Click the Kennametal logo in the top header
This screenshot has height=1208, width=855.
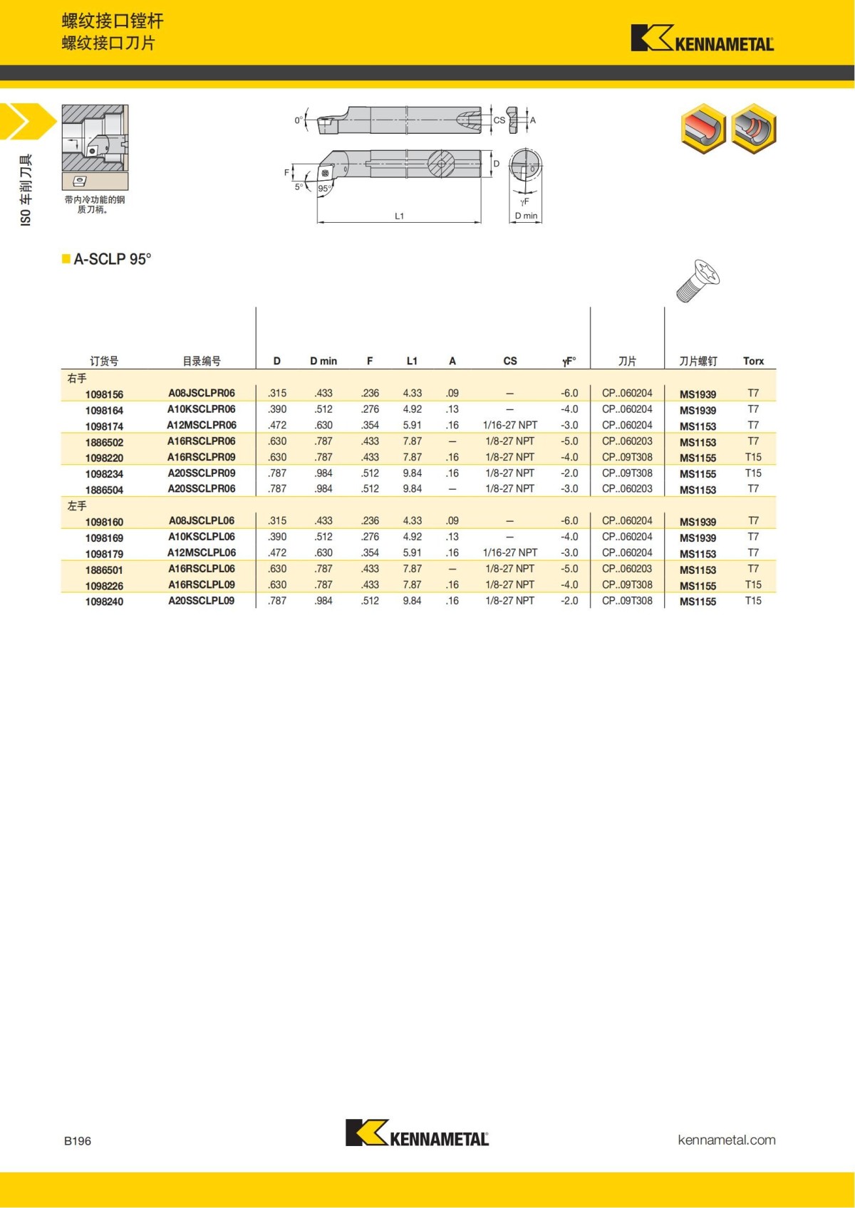(x=702, y=38)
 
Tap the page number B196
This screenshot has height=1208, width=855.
(x=78, y=1141)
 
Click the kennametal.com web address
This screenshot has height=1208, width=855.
(x=726, y=1140)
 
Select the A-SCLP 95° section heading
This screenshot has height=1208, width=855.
(x=112, y=259)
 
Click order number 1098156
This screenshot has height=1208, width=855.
(x=104, y=394)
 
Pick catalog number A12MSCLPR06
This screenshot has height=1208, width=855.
(x=202, y=425)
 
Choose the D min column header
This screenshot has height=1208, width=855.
(x=323, y=361)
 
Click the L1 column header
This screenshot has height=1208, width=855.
(x=412, y=361)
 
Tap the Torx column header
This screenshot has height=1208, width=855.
(x=753, y=361)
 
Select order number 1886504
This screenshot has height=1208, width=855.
(x=104, y=490)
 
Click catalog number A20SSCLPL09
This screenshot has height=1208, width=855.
(x=202, y=601)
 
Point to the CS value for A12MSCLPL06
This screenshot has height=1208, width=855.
(x=510, y=552)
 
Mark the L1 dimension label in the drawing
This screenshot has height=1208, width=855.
(x=399, y=216)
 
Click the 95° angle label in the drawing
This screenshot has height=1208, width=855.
(x=324, y=189)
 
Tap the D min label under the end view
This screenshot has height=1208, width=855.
(x=526, y=216)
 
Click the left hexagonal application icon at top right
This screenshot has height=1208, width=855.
(x=703, y=129)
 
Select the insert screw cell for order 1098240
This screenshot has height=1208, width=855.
(x=698, y=602)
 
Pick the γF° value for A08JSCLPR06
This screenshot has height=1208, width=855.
(x=569, y=393)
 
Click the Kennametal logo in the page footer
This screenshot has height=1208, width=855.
(x=417, y=1133)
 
